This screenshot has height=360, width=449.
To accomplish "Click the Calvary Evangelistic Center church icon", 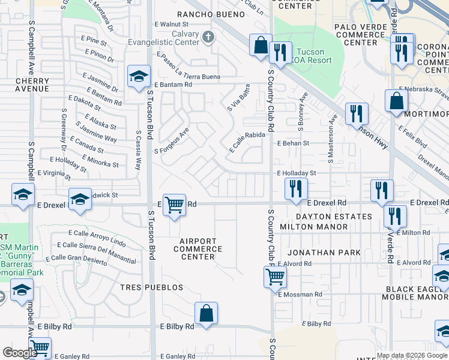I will (x=208, y=38).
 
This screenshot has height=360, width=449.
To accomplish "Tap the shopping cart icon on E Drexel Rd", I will (x=174, y=205).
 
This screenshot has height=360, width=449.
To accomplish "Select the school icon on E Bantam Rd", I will (x=138, y=77).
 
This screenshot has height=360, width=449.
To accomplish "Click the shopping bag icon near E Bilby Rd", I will (x=206, y=313).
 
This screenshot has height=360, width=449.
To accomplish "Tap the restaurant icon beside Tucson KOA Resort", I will (x=280, y=53).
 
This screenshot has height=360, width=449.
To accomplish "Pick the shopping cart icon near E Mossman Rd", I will (x=274, y=277).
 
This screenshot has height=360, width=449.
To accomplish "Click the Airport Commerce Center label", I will (x=197, y=249).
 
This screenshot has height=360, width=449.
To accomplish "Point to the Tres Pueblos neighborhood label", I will (x=151, y=287).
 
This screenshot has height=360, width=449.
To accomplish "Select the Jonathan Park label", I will (x=325, y=253).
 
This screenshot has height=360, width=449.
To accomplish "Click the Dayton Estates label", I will (x=334, y=216).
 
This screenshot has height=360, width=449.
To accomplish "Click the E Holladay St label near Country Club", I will (x=296, y=173).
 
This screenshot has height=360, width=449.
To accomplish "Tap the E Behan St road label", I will (x=292, y=143).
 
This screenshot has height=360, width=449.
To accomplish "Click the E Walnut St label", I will (x=172, y=25).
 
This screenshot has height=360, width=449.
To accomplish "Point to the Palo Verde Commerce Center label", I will (x=364, y=35).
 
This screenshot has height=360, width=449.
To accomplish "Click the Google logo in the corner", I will (x=20, y=353).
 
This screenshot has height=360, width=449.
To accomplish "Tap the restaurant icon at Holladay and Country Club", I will (x=295, y=190).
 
